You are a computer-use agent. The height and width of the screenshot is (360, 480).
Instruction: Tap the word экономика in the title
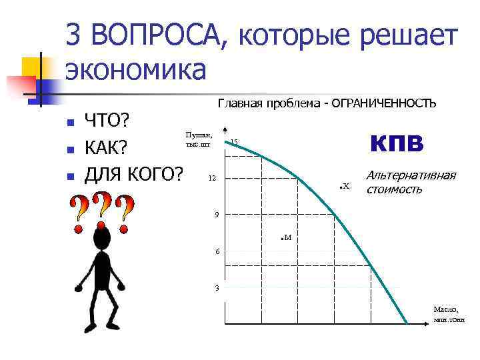pyautogui.click(x=136, y=69)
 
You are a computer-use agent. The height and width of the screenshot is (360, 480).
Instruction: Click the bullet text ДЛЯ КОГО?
pyautogui.click(x=133, y=175)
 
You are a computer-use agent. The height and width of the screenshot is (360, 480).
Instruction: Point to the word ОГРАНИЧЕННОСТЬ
pyautogui.click(x=384, y=103)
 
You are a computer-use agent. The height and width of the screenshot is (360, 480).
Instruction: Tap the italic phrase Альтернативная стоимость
pyautogui.click(x=410, y=182)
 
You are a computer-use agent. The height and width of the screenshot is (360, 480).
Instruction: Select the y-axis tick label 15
pyautogui.click(x=235, y=142)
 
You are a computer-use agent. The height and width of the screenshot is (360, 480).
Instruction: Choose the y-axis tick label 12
pyautogui.click(x=212, y=179)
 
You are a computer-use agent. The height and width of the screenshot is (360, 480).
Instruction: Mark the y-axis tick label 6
pyautogui.click(x=216, y=251)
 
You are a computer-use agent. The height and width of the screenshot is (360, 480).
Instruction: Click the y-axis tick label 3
pyautogui.click(x=216, y=288)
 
